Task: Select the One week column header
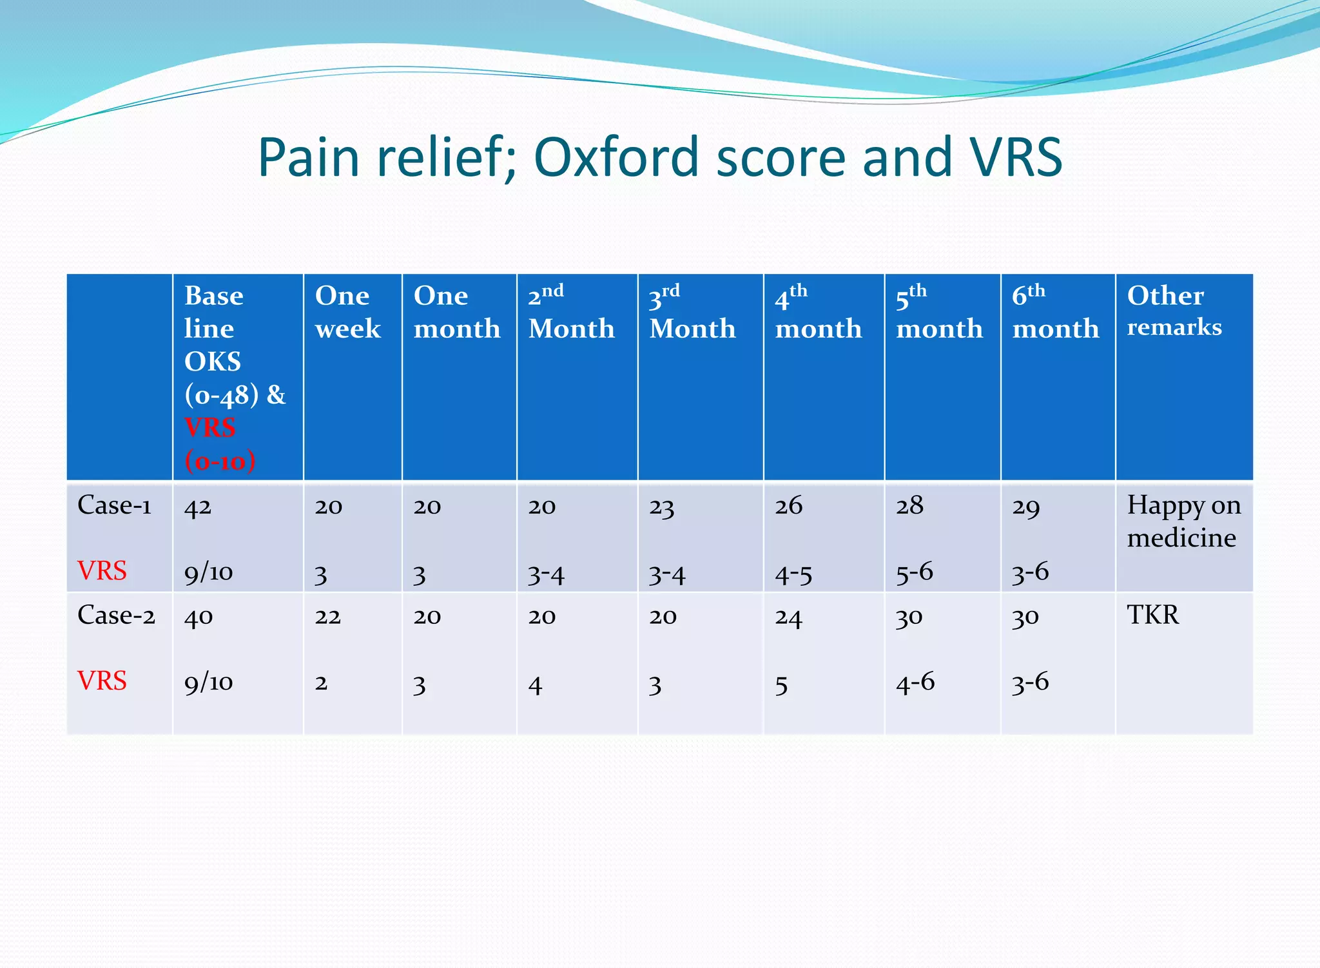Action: click(x=347, y=312)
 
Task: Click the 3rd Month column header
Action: click(x=692, y=312)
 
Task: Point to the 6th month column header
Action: click(x=1055, y=312)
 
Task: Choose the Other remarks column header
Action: click(x=1174, y=311)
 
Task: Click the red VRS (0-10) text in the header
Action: click(x=219, y=444)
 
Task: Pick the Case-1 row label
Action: click(x=114, y=505)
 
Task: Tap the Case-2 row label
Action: click(x=116, y=615)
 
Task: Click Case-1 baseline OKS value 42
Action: click(x=197, y=507)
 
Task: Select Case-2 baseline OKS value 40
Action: click(x=198, y=617)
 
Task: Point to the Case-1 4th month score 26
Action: click(x=788, y=506)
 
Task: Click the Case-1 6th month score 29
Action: click(x=1025, y=507)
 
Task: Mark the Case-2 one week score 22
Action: click(x=327, y=617)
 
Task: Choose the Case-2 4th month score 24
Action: click(x=788, y=618)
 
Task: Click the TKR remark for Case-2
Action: click(x=1152, y=615)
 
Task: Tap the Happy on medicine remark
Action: click(x=1183, y=521)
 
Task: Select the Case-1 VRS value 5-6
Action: click(x=914, y=572)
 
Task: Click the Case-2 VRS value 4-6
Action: click(x=915, y=682)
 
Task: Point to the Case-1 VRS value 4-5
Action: click(x=793, y=574)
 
